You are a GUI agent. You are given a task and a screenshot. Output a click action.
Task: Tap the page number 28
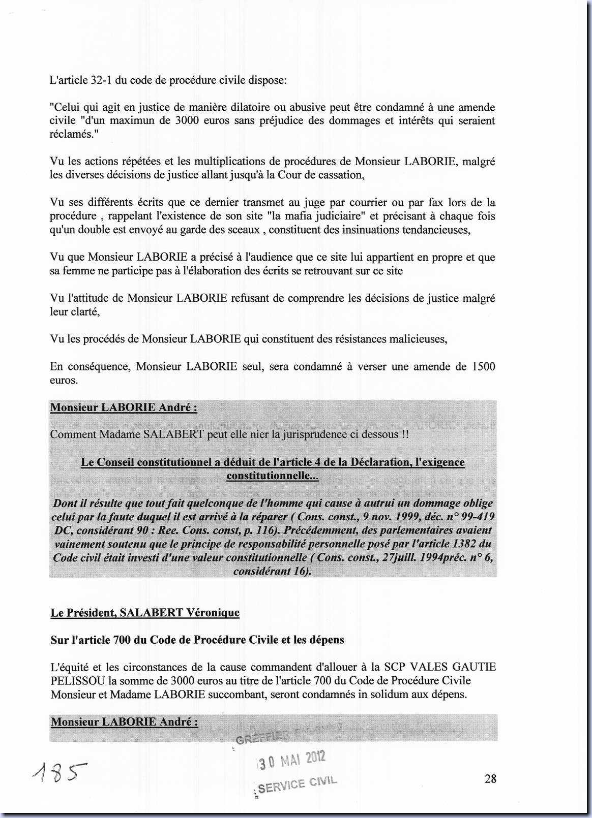click(490, 778)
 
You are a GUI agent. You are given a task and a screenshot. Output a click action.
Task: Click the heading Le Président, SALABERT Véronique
click(145, 613)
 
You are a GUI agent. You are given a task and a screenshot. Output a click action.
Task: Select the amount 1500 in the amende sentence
click(483, 366)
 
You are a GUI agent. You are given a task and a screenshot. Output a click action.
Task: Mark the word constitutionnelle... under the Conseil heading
click(272, 476)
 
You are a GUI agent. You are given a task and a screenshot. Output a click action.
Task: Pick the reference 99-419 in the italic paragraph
click(478, 517)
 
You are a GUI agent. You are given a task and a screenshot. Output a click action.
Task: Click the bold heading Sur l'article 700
click(197, 640)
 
